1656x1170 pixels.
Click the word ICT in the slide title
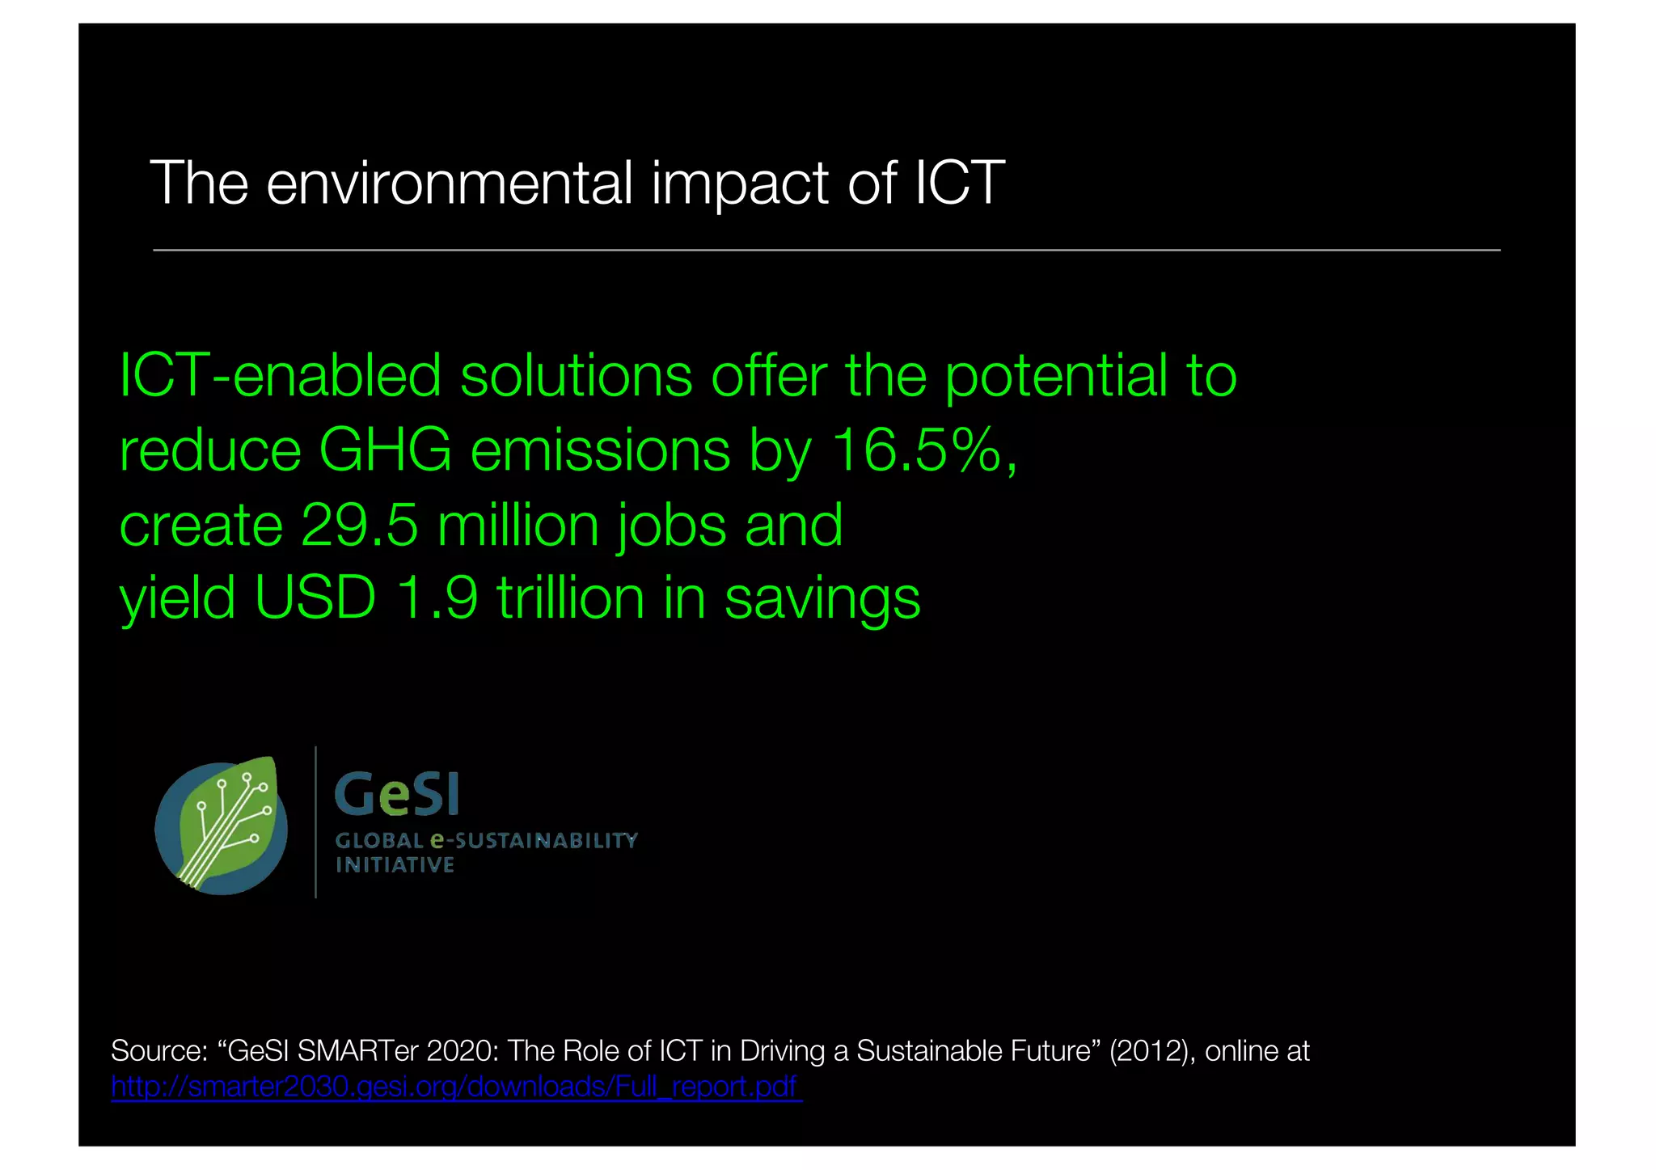(959, 183)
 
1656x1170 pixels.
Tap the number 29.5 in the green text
(359, 525)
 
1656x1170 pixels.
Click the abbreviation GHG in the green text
(385, 450)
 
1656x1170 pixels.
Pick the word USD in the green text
(315, 598)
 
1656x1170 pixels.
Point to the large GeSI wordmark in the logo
(397, 794)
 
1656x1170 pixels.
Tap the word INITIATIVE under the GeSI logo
(395, 866)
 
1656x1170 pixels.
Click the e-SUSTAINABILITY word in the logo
(534, 841)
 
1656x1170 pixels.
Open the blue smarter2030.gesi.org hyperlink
(455, 1086)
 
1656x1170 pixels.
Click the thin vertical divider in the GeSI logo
(315, 822)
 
